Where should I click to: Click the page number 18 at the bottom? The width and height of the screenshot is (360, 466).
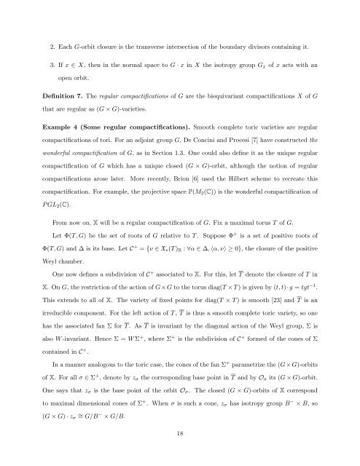(180, 435)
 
